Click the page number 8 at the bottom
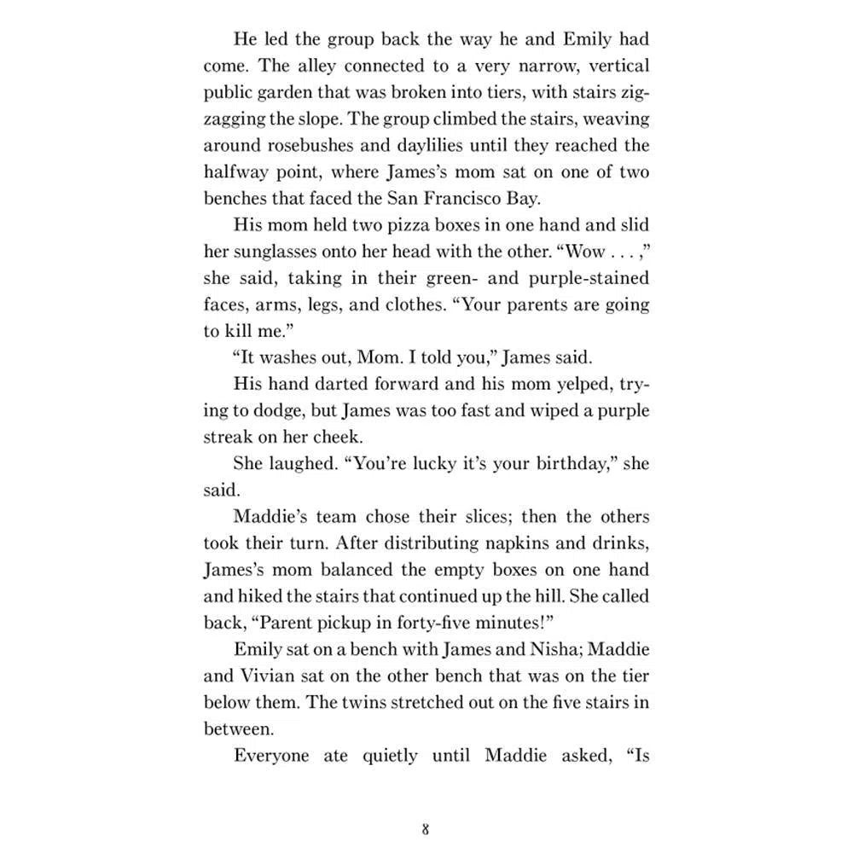pyautogui.click(x=425, y=828)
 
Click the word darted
pyautogui.click(x=346, y=384)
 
